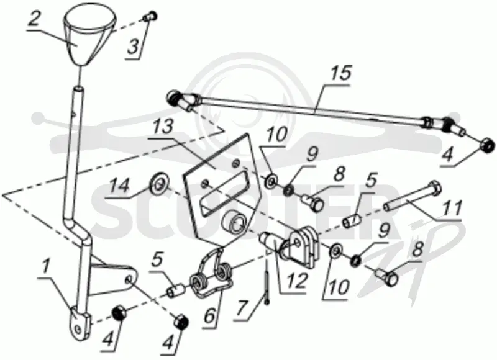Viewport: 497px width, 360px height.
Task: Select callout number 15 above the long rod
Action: click(x=340, y=73)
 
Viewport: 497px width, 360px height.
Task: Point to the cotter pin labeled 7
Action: click(x=267, y=282)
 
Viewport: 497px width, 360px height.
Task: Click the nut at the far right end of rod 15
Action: click(x=486, y=146)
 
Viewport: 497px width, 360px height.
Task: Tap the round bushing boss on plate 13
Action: click(x=235, y=222)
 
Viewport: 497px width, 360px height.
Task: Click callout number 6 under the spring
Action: click(x=209, y=316)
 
